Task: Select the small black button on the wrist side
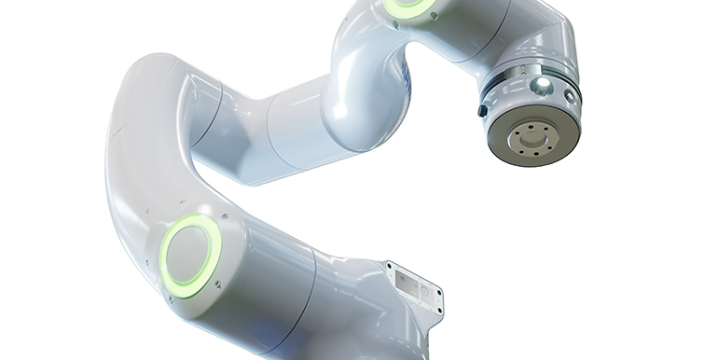click(x=482, y=110)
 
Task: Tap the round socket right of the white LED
click(x=569, y=94)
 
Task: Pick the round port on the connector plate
click(x=424, y=291)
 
